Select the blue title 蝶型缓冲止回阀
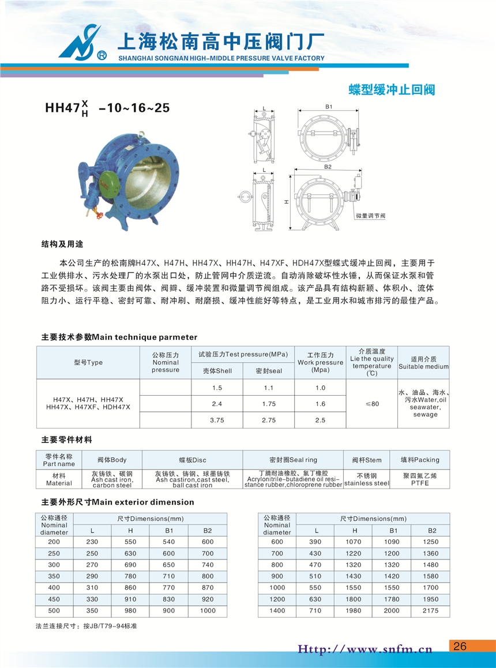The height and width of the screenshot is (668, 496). click(x=392, y=90)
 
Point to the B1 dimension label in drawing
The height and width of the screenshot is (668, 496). click(x=329, y=107)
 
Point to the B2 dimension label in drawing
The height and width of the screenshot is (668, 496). click(x=328, y=167)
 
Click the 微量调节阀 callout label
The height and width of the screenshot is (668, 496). click(x=370, y=215)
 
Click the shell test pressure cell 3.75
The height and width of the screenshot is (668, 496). click(x=217, y=421)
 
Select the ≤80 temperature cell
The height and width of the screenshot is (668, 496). click(x=372, y=404)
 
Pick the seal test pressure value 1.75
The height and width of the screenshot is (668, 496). click(x=268, y=404)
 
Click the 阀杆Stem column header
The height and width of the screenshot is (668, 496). click(x=367, y=460)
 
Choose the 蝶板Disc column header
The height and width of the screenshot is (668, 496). click(x=192, y=460)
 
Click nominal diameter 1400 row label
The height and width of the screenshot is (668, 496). click(x=277, y=610)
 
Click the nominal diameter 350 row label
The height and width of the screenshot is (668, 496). click(x=54, y=576)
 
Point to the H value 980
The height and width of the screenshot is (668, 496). click(x=131, y=610)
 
